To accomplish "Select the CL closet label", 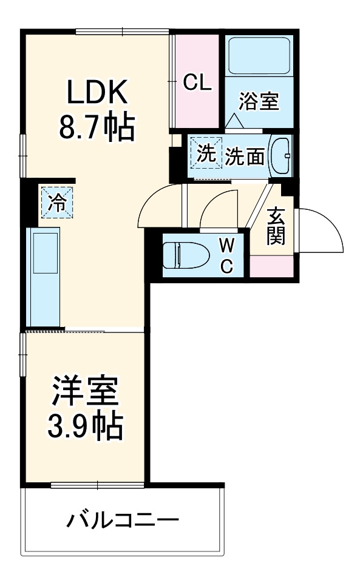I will (197, 83).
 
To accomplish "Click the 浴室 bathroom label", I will (259, 101).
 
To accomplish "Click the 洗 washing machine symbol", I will (205, 152).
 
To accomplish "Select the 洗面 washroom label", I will (245, 157).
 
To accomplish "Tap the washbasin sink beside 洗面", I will (280, 156).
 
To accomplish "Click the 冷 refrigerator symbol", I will (58, 202).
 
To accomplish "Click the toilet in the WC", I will (183, 255).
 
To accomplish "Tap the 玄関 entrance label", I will (276, 226).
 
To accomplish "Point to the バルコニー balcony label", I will (123, 520).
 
